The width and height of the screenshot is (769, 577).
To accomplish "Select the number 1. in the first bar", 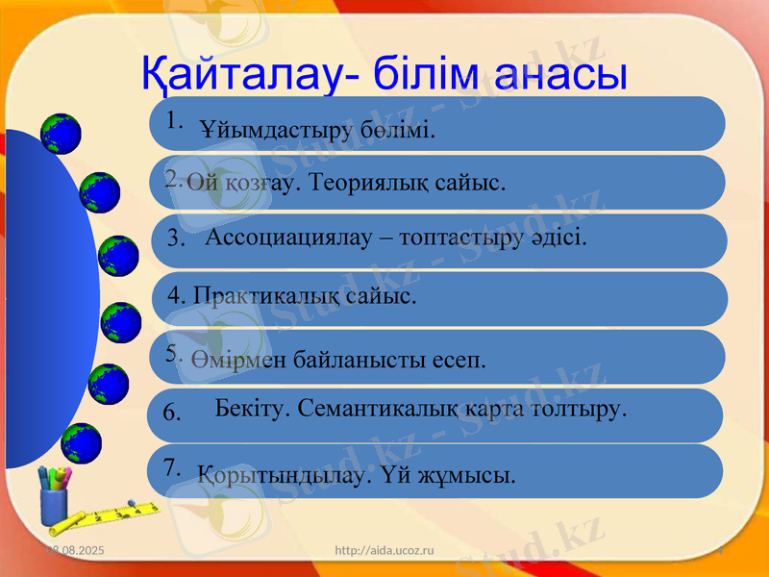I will pos(174,121).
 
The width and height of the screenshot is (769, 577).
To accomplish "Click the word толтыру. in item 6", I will pos(583,408).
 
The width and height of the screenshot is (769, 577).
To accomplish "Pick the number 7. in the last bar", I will pos(173,467).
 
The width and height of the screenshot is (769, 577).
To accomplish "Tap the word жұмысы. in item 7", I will pos(472,474).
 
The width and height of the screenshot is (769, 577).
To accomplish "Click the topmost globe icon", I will pos(62,134).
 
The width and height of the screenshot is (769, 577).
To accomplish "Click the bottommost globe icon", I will pos(82,443).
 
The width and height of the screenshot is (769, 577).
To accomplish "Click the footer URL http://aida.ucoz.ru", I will pos(384,549).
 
